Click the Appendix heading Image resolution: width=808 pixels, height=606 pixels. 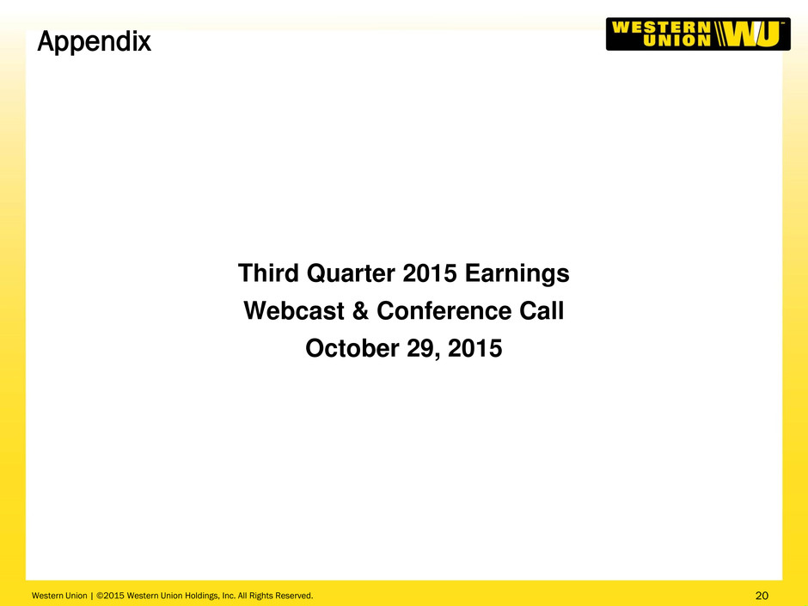tap(95, 42)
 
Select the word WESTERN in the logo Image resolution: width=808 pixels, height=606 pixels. tap(662, 28)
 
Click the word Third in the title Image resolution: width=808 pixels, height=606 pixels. tap(268, 273)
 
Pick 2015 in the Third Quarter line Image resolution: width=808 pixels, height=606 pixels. tap(430, 273)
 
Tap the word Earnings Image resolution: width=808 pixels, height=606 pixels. tap(517, 274)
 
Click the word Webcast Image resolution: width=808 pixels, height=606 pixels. tap(294, 310)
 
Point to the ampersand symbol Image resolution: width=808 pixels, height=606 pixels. tap(361, 310)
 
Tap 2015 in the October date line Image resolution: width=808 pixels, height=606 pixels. tap(474, 349)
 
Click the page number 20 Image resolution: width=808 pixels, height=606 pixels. tap(762, 596)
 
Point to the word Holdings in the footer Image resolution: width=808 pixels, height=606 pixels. tap(202, 596)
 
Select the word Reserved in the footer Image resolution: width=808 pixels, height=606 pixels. tap(294, 596)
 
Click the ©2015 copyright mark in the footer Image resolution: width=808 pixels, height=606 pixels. tap(110, 596)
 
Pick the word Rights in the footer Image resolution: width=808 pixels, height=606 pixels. tap(261, 596)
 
